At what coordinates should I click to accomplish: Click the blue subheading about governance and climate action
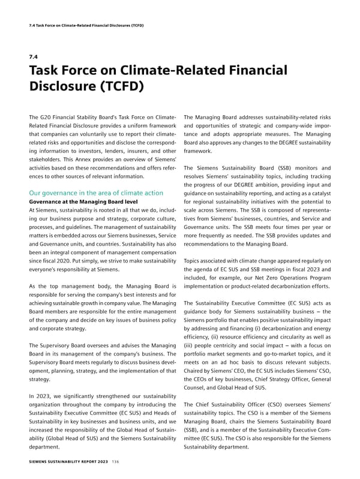pyautogui.click(x=96, y=193)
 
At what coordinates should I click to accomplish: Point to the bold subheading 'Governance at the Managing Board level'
pyautogui.click(x=83, y=203)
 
